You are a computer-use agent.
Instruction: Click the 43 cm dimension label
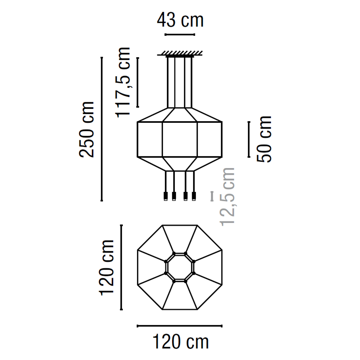pos(180,21)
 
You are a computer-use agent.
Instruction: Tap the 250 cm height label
pos(86,130)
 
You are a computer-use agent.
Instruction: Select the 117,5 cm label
pos(123,82)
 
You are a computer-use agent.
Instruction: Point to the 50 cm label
pos(264,139)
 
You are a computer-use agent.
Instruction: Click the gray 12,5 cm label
pos(227,197)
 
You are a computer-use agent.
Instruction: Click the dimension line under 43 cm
pos(180,34)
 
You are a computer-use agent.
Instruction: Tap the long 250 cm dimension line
pos(102,129)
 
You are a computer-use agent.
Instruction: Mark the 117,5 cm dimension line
pos(138,82)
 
